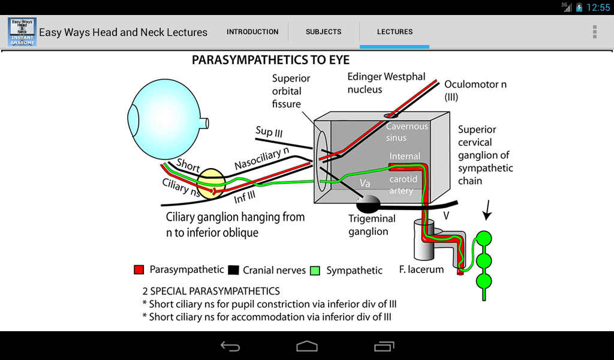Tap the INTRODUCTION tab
[252, 32]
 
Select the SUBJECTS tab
[323, 32]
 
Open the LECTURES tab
[395, 32]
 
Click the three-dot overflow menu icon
[594, 32]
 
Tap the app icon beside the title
[22, 32]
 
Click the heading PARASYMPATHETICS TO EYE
[270, 61]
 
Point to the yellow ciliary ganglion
[211, 184]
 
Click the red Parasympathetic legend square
[139, 270]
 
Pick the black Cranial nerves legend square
[233, 270]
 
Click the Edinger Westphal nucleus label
[386, 83]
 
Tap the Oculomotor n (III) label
[475, 90]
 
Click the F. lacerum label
[421, 269]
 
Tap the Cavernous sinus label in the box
[407, 132]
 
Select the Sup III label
[269, 132]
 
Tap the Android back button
[230, 346]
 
